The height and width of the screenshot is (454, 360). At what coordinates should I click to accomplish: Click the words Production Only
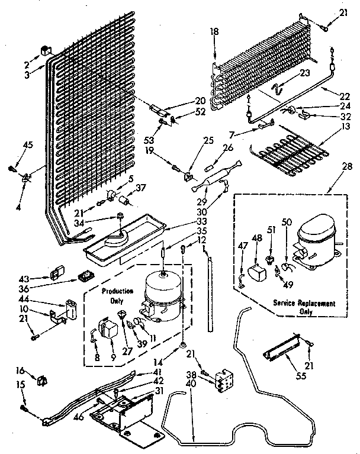117,295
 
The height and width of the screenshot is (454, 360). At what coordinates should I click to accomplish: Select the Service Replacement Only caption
304,307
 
